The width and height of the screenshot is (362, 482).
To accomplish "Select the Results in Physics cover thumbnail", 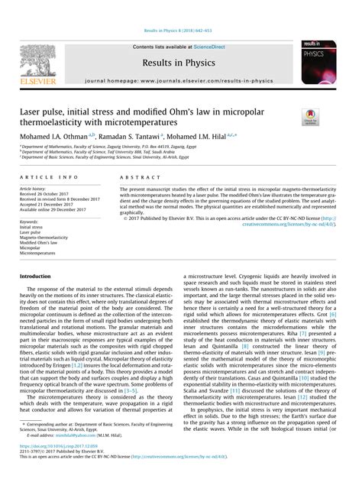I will coord(322,64).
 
